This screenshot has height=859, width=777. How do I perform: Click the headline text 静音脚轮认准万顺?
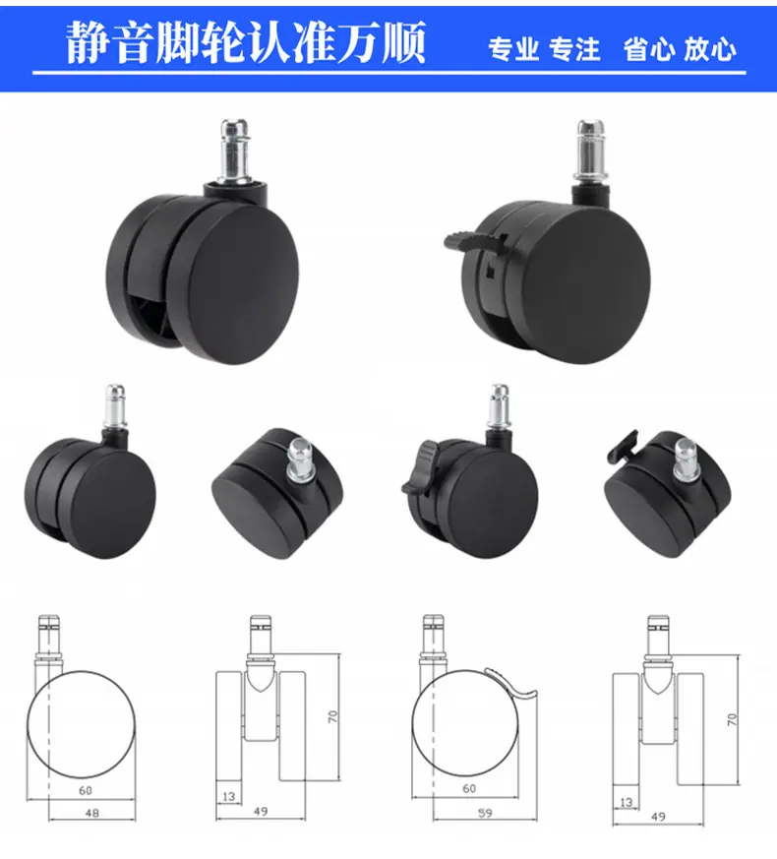pyautogui.click(x=246, y=42)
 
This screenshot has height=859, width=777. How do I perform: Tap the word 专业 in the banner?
pyautogui.click(x=513, y=49)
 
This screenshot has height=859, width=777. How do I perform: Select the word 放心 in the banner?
pyautogui.click(x=709, y=49)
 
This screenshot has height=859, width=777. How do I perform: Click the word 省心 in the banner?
pyautogui.click(x=649, y=49)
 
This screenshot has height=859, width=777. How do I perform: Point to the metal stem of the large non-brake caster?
pyautogui.click(x=235, y=152)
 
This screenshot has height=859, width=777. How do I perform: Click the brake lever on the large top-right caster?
pyautogui.click(x=473, y=239)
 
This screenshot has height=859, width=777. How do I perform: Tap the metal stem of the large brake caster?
pyautogui.click(x=590, y=152)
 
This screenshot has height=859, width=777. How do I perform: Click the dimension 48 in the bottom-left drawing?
pyautogui.click(x=92, y=813)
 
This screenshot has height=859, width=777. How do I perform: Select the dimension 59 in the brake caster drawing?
pyautogui.click(x=485, y=813)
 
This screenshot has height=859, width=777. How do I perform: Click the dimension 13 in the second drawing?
pyautogui.click(x=229, y=796)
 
